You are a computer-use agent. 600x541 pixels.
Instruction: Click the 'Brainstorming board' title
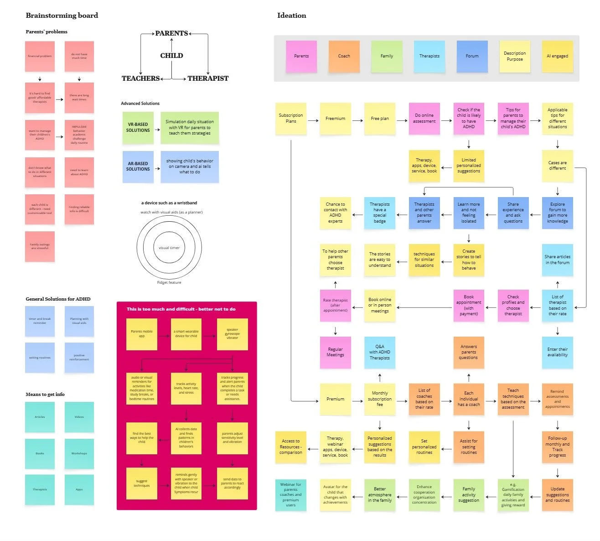pos(62,16)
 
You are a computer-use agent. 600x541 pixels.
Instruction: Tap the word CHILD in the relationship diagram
pos(171,56)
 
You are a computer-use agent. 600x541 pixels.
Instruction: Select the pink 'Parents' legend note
pos(301,56)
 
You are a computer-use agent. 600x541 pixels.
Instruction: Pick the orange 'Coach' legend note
pos(344,56)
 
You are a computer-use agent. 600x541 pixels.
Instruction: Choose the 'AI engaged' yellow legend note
pos(557,56)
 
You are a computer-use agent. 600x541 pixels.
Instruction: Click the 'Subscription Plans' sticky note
pos(291,119)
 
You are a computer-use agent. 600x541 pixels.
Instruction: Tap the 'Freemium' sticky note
pos(335,119)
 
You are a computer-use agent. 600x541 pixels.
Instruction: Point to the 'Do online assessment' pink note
pos(424,119)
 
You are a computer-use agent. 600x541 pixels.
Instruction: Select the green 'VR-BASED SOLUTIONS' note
pos(138,128)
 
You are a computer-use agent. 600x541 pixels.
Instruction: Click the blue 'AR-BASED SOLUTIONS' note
pos(138,166)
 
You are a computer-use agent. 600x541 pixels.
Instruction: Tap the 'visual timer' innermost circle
pos(169,248)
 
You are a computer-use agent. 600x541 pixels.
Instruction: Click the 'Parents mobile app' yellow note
pos(142,334)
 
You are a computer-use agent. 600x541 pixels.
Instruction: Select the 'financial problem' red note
pos(40,56)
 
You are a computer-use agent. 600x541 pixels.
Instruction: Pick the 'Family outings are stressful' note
pos(40,246)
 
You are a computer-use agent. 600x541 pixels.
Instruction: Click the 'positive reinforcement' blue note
pos(79,358)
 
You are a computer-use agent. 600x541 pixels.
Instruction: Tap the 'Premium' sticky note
pos(335,399)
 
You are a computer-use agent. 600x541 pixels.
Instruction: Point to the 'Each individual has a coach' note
pos(469,399)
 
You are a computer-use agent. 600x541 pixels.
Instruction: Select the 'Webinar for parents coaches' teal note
pos(290,495)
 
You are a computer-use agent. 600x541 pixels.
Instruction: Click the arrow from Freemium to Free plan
pos(357,120)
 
